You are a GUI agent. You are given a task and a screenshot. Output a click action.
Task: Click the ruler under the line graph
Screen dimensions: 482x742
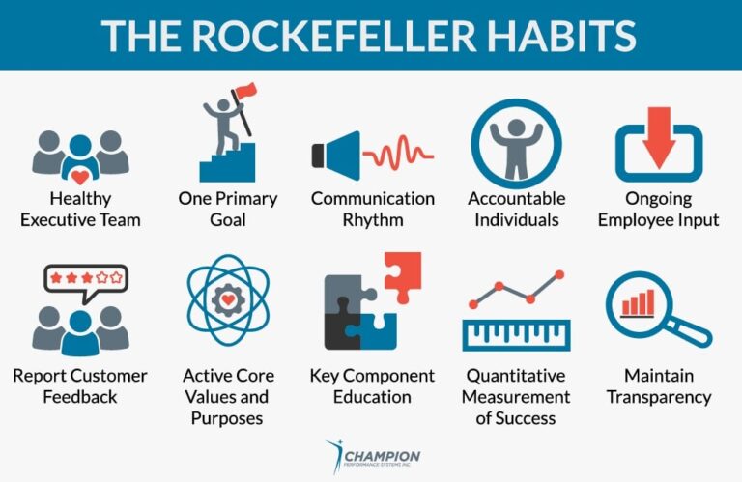pyautogui.click(x=515, y=333)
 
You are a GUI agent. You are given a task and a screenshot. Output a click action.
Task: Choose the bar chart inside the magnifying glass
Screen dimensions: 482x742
pyautogui.click(x=639, y=302)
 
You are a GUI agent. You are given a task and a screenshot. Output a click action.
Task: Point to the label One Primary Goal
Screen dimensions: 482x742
pyautogui.click(x=227, y=209)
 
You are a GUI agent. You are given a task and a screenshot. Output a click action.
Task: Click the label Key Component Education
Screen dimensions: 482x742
pyautogui.click(x=372, y=386)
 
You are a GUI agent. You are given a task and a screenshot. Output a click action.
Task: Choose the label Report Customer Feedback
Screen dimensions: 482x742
pyautogui.click(x=80, y=386)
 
